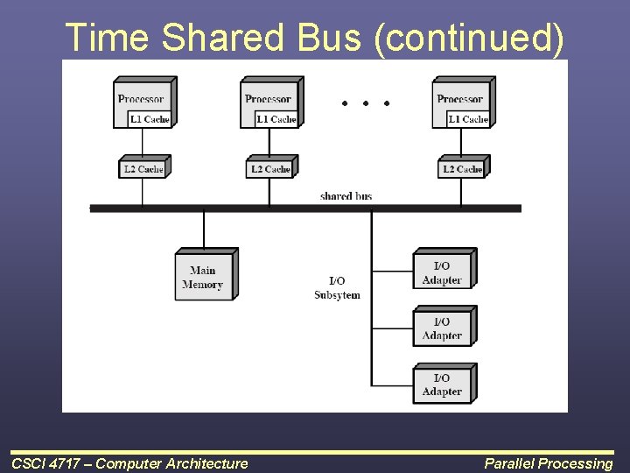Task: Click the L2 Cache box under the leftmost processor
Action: tap(142, 168)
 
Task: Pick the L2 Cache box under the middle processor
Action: tap(270, 168)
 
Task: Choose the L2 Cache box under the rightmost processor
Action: tap(462, 168)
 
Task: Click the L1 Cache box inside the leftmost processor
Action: tap(150, 119)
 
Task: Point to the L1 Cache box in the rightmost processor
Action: tap(467, 119)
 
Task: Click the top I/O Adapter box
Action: tap(442, 272)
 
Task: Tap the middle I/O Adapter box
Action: tap(442, 328)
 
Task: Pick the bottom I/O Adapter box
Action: tap(442, 385)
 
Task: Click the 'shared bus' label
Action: tap(346, 196)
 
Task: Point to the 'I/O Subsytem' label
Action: tap(337, 288)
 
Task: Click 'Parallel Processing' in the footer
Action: tap(549, 463)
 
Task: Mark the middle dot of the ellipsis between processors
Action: tap(365, 103)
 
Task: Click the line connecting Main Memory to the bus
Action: tap(204, 230)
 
